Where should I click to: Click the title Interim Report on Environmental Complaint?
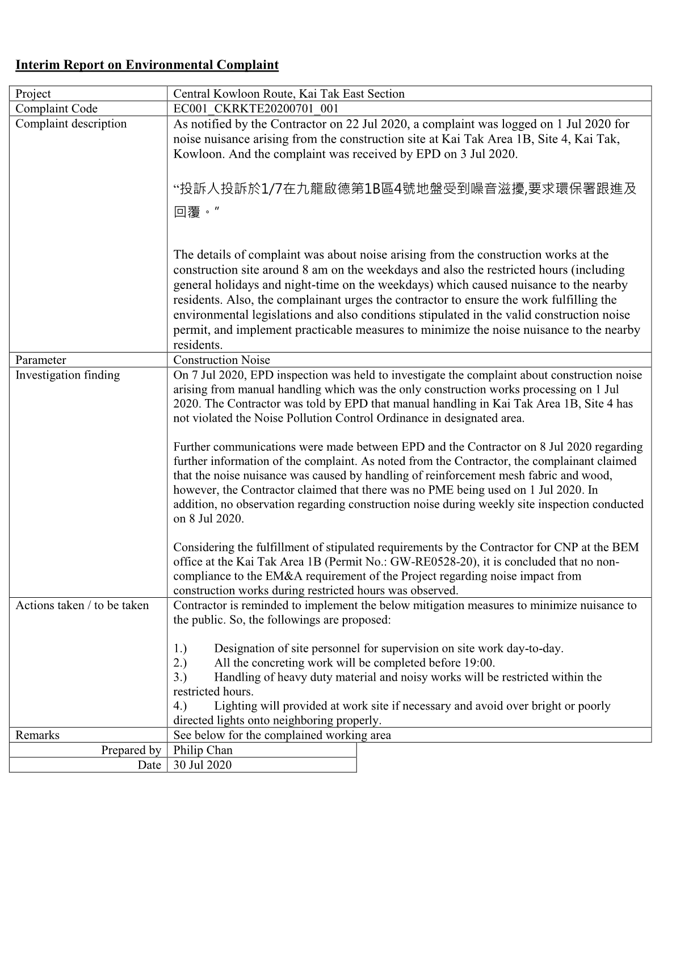pyautogui.click(x=146, y=65)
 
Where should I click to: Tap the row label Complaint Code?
pyautogui.click(x=56, y=108)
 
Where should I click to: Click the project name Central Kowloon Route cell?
pyautogui.click(x=288, y=94)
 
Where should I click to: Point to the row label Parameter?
pyautogui.click(x=40, y=360)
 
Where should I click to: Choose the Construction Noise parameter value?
pyautogui.click(x=221, y=360)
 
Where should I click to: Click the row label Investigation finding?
pyautogui.click(x=68, y=375)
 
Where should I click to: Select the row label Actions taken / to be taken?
pyautogui.click(x=82, y=605)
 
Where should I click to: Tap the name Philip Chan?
pyautogui.click(x=203, y=750)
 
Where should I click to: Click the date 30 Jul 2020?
pyautogui.click(x=202, y=765)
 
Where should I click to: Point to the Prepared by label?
pyautogui.click(x=131, y=750)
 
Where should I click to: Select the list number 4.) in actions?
pyautogui.click(x=180, y=706)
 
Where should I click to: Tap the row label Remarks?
pyautogui.click(x=37, y=735)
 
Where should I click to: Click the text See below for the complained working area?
pyautogui.click(x=282, y=735)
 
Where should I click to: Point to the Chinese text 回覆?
pyautogui.click(x=187, y=212)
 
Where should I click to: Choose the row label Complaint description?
pyautogui.click(x=71, y=124)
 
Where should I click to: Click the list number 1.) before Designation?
pyautogui.click(x=180, y=648)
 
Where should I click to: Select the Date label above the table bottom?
pyautogui.click(x=149, y=765)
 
